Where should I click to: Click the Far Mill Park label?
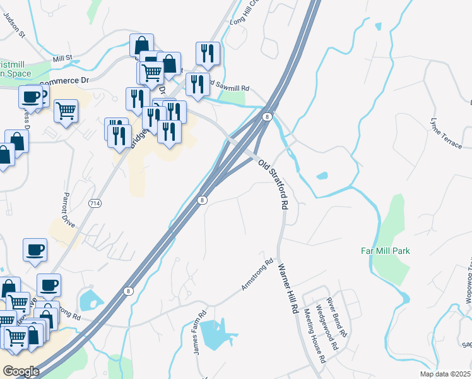coord(385,251)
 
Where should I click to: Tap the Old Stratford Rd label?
coord(274,184)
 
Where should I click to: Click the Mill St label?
coord(63,58)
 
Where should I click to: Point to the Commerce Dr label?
coord(64,81)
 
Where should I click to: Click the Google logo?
coord(21,371)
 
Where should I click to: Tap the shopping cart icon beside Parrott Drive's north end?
coord(66,111)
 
